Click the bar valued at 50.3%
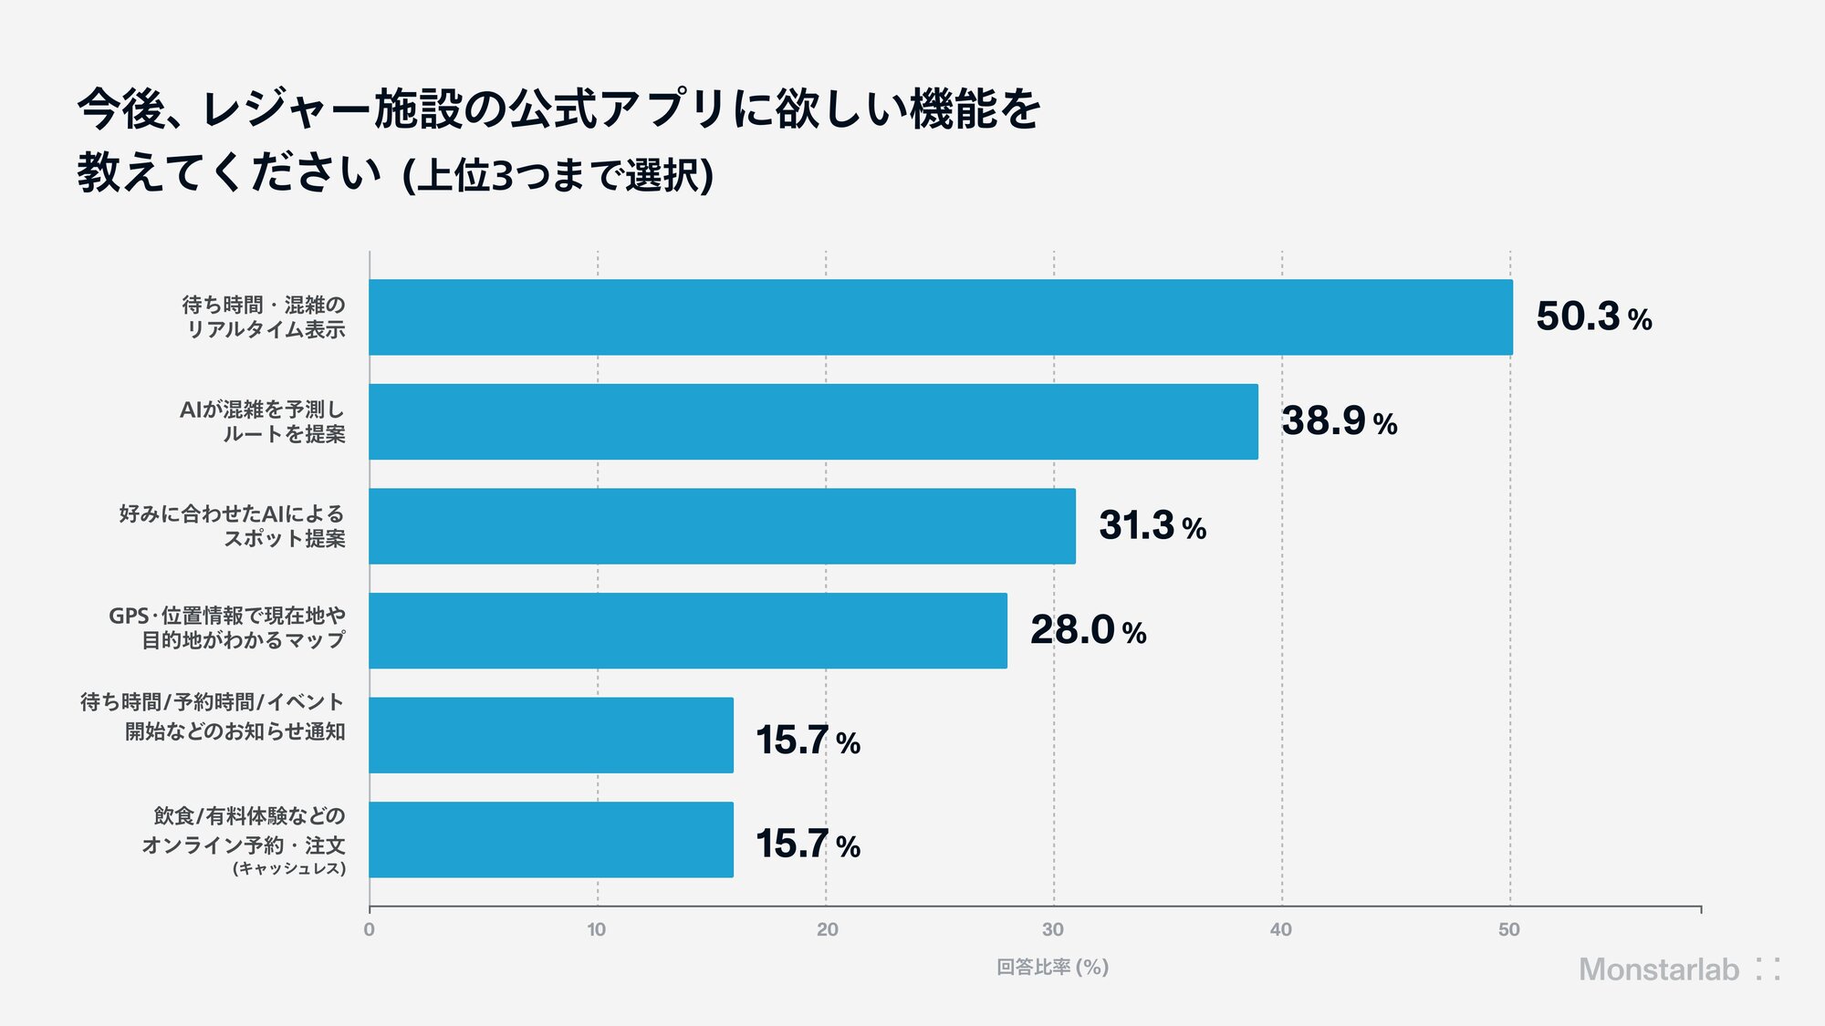941,317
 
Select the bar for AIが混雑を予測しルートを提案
814,421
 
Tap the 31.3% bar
723,526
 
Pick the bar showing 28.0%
688,630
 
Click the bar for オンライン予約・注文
551,840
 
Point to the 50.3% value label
1593,316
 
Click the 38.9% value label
1339,421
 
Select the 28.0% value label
1088,630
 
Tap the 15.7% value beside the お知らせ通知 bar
808,740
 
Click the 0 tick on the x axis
369,929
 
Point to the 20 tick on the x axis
827,929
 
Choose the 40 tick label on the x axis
1281,929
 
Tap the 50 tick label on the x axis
1509,929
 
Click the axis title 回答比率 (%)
1052,967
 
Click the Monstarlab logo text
1659,969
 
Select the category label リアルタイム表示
266,329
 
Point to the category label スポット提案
285,538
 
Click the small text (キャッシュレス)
289,868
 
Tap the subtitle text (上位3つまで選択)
558,175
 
